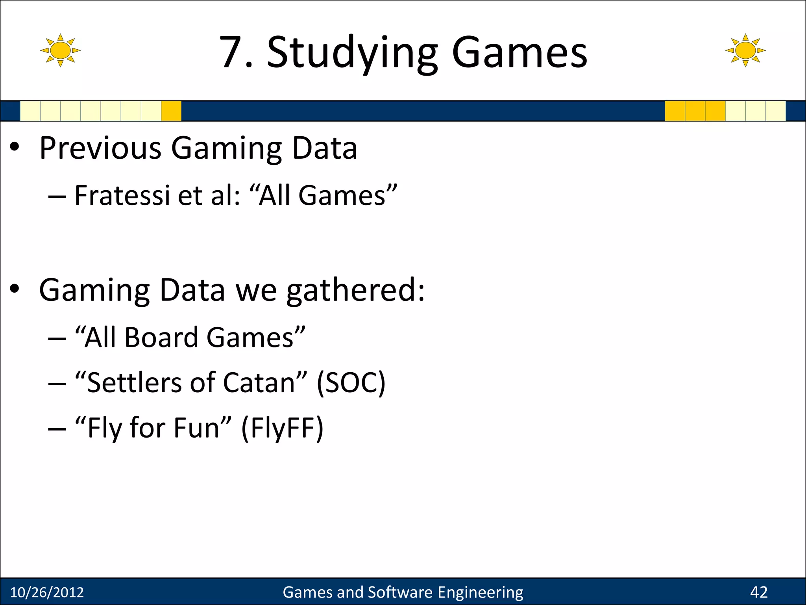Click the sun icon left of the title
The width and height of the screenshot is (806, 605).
point(60,50)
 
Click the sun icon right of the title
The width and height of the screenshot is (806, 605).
point(745,50)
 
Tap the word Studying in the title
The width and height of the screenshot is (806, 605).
point(352,53)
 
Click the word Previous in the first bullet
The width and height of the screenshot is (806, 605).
point(100,148)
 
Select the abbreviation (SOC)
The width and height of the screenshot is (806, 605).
point(351,383)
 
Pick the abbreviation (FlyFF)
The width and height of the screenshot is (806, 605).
point(282,428)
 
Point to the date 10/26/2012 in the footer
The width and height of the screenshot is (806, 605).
point(47,592)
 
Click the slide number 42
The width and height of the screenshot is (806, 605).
point(759,592)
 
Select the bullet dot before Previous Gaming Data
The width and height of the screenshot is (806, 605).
point(15,147)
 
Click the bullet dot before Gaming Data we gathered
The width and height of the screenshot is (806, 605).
point(15,289)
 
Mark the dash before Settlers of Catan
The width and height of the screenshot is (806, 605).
point(57,384)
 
